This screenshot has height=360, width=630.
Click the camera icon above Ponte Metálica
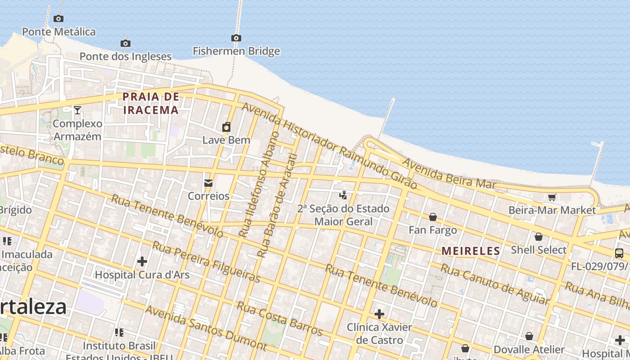[58, 18]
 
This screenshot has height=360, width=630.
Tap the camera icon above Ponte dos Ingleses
[126, 43]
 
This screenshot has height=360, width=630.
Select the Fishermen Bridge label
[236, 51]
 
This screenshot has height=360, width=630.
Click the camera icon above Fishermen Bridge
[236, 38]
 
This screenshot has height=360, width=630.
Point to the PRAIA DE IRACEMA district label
[151, 103]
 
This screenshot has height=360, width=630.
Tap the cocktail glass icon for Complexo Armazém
[77, 110]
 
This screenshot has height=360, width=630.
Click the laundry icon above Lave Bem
[226, 127]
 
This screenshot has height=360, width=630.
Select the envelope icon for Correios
[208, 183]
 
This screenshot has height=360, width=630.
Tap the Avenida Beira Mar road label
[449, 174]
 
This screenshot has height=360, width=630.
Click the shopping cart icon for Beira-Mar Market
[552, 197]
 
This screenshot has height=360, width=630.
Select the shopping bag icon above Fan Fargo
[432, 217]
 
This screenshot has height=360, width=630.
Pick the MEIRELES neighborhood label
[471, 251]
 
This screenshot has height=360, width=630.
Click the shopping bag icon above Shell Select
[538, 237]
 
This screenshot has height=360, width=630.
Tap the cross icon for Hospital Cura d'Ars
[142, 261]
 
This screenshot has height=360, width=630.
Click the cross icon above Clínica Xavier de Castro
[379, 314]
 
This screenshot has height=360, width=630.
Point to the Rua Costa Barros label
[279, 319]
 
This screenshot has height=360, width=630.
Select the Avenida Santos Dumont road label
[206, 328]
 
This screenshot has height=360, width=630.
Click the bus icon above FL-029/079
[619, 253]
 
